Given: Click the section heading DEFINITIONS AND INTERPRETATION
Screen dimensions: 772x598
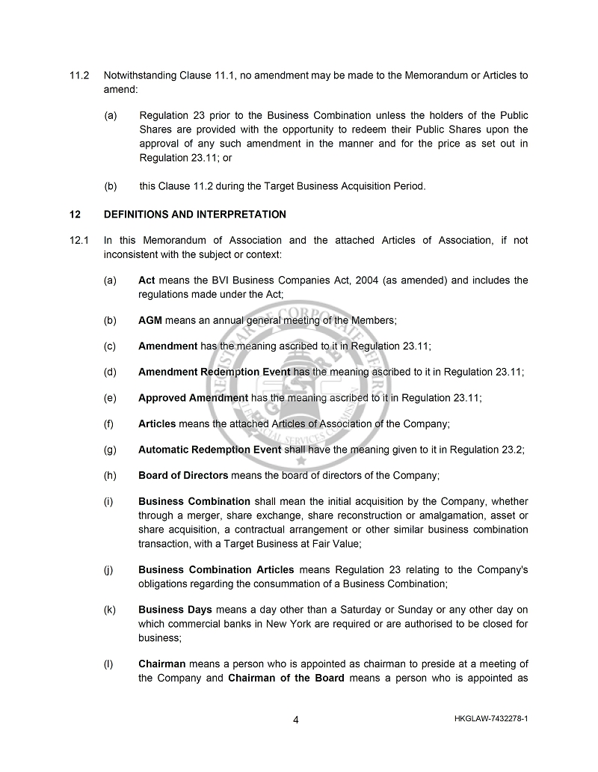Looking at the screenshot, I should tap(194, 215).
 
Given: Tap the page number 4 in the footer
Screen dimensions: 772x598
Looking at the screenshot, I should tap(296, 720).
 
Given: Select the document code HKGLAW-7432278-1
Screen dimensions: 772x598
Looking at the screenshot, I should tap(490, 720).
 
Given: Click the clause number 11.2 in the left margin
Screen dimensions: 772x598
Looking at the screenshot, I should tap(79, 76).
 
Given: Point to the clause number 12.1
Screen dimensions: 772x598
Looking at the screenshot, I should tap(79, 240).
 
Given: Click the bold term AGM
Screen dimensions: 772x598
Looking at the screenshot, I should tap(150, 320).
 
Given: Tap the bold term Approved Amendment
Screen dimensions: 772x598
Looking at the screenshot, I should tap(193, 398).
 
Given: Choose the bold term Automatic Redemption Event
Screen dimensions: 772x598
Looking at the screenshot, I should tap(209, 450).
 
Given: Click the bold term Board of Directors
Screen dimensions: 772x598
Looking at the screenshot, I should tap(183, 476).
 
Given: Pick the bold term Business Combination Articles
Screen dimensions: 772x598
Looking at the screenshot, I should tap(216, 570).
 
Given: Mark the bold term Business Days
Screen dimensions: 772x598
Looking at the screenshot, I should tap(175, 611).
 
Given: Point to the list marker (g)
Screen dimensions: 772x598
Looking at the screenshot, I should tap(110, 450).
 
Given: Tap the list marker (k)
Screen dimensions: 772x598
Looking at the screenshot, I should tap(110, 611).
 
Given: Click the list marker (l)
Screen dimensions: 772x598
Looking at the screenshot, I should tap(109, 664).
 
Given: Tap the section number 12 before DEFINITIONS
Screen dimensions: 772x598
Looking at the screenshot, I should tap(75, 215).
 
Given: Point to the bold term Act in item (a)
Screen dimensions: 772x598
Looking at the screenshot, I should tap(147, 281).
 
